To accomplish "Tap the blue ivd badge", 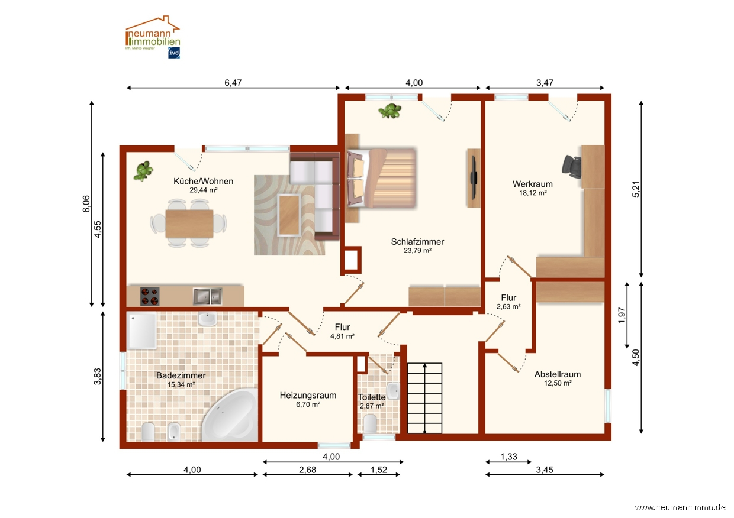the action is (x=173, y=53).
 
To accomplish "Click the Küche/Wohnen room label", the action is (x=203, y=181).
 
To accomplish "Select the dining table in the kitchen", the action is (x=189, y=224).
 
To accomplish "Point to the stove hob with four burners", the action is (x=150, y=296).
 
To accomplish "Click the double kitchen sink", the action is (x=207, y=296).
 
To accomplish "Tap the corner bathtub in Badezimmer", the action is (x=230, y=415).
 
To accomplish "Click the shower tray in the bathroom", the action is (x=141, y=331).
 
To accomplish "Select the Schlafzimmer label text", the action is (x=417, y=242).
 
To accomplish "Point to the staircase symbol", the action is (x=424, y=398).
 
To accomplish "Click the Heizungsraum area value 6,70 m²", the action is (x=308, y=404).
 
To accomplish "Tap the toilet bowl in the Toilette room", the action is (x=371, y=423).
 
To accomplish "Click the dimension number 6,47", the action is (x=233, y=83).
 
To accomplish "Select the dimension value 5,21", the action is (x=635, y=189).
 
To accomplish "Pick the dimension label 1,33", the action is (x=508, y=457).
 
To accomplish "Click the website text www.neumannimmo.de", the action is (x=680, y=507).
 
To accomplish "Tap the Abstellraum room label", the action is (x=558, y=374).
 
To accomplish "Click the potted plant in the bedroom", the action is (x=390, y=111).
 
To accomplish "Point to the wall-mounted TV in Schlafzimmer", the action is (x=474, y=178).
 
